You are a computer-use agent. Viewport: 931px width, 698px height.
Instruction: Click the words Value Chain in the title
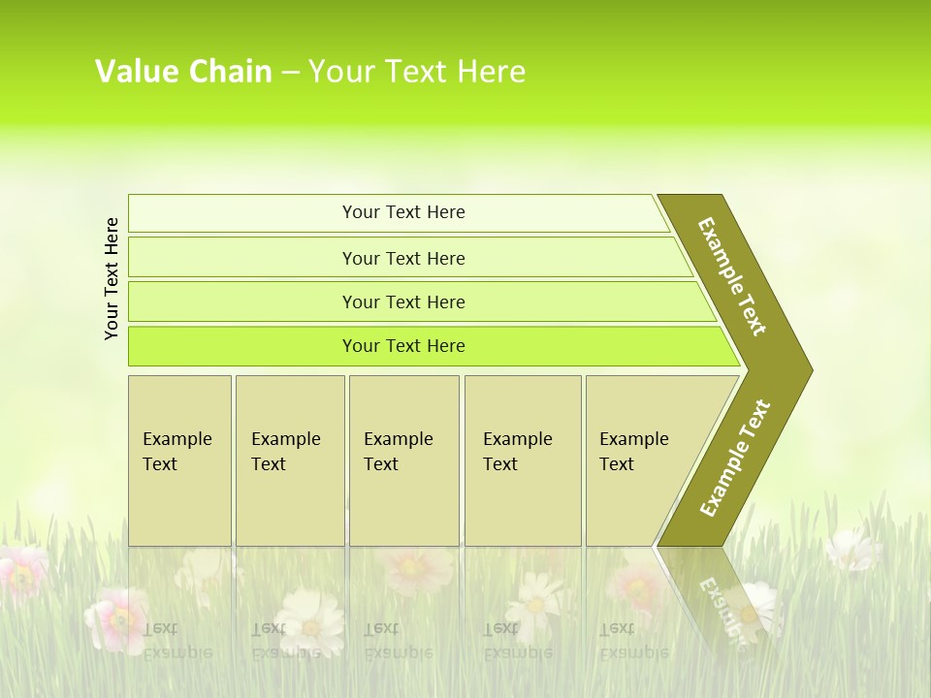click(x=183, y=71)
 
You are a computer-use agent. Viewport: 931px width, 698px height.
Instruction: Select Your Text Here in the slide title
click(x=417, y=71)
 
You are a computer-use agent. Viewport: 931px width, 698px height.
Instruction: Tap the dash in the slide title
click(x=290, y=71)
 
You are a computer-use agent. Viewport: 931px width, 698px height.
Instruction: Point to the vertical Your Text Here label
click(x=112, y=278)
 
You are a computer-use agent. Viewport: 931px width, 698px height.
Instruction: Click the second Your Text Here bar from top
click(x=403, y=258)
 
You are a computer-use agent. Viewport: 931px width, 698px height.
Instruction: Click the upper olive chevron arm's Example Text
click(x=732, y=276)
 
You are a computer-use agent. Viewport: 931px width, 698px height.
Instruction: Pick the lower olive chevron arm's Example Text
click(x=735, y=458)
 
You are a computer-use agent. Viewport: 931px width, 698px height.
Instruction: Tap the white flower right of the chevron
click(x=853, y=549)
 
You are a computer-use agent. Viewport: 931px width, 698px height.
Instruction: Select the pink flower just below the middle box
click(x=415, y=569)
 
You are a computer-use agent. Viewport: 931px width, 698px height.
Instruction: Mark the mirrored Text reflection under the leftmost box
click(x=160, y=628)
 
